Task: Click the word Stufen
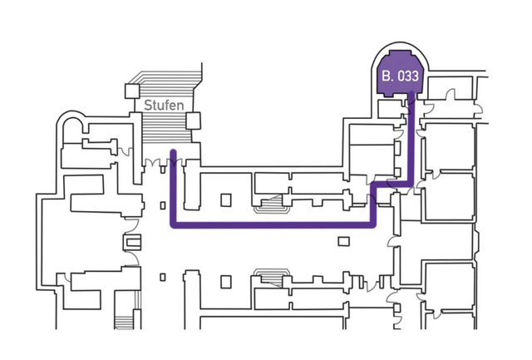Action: pyautogui.click(x=164, y=106)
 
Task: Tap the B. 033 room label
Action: pyautogui.click(x=400, y=76)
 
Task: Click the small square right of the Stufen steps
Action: pyautogui.click(x=194, y=121)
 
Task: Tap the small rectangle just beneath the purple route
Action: pyautogui.click(x=344, y=241)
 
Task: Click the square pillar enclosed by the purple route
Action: pyautogui.click(x=225, y=200)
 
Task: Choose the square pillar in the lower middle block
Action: pyautogui.click(x=225, y=282)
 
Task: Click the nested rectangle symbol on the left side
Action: pyautogui.click(x=131, y=242)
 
